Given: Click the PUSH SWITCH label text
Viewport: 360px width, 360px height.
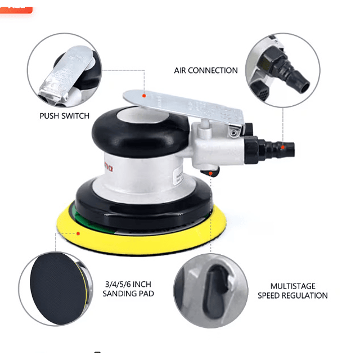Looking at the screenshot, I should (x=64, y=116).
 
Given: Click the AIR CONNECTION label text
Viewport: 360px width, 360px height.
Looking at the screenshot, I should (x=205, y=70).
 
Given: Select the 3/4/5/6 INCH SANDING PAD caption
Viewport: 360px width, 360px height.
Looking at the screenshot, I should (x=128, y=289).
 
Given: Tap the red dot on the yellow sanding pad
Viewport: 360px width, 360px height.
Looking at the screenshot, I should (x=78, y=233).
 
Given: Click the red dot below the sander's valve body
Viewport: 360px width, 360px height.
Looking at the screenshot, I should (x=210, y=174).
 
